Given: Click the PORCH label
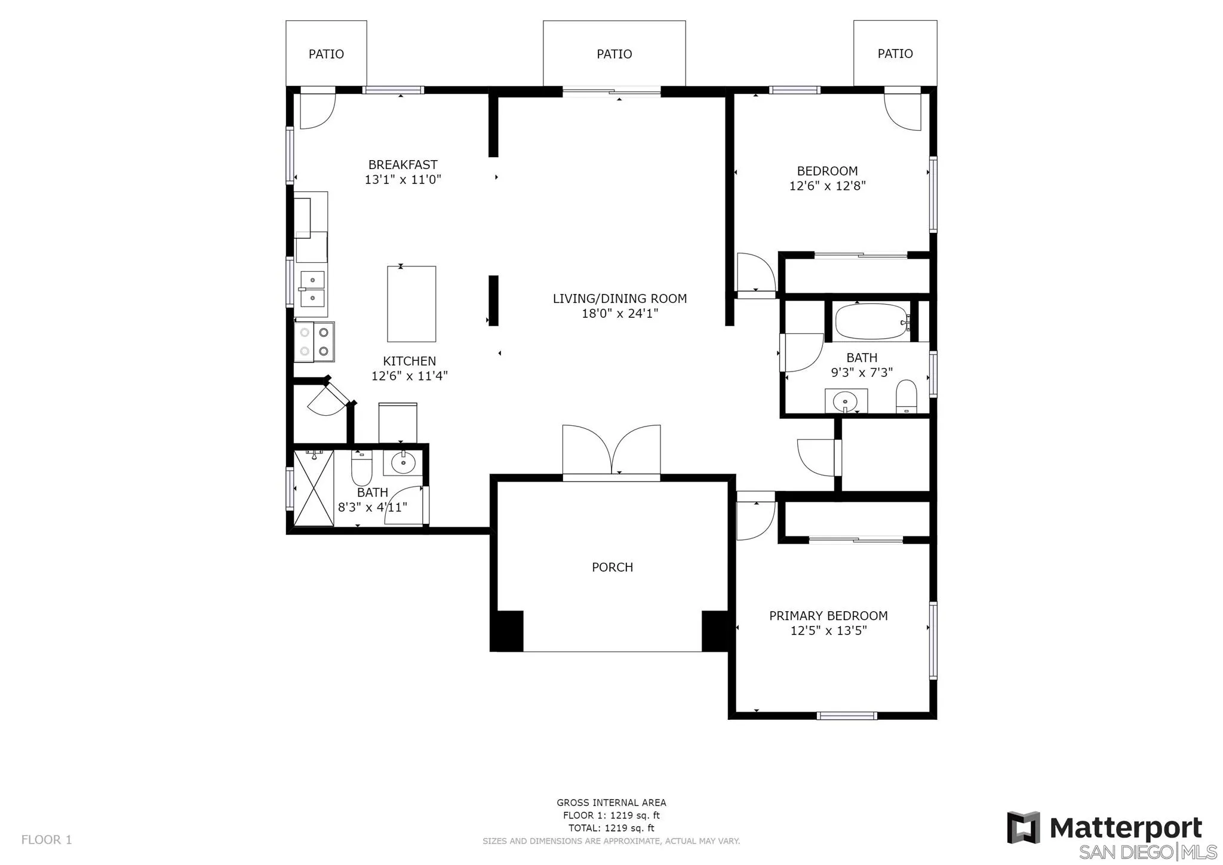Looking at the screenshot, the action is (x=612, y=567).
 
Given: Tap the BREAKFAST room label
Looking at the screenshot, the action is (x=402, y=165).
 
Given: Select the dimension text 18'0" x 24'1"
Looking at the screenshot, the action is (x=620, y=313).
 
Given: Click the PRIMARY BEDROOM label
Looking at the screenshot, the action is (x=828, y=616).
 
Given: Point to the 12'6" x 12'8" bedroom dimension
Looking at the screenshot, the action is (x=827, y=186).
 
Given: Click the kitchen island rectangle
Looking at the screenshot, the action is (x=411, y=304).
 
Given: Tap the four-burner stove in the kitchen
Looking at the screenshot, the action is (x=315, y=342).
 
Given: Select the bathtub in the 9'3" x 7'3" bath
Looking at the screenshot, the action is (x=872, y=321).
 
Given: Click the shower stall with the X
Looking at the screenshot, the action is (x=314, y=489).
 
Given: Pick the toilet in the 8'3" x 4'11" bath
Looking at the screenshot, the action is (x=361, y=468).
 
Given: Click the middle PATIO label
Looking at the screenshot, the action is (x=614, y=54).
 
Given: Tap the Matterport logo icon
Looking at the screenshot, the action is (x=1023, y=827).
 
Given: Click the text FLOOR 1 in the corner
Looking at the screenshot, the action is (x=47, y=839).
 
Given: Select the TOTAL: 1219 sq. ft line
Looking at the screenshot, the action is (x=611, y=828).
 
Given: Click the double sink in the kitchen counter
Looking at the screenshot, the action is (x=312, y=289).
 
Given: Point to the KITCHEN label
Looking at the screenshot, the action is (x=409, y=361).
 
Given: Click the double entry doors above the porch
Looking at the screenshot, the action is (x=611, y=452).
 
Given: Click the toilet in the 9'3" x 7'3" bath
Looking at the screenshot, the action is (x=907, y=396).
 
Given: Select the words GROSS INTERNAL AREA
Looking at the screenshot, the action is (x=611, y=803).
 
